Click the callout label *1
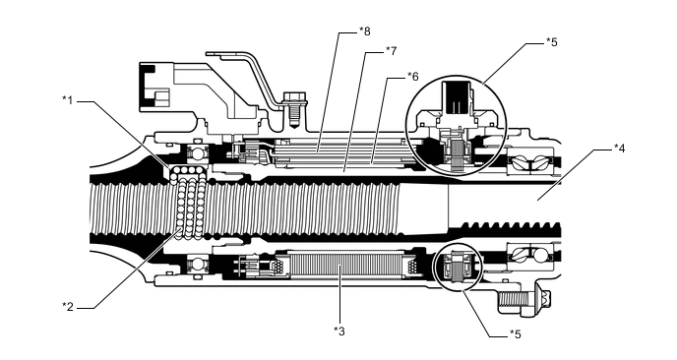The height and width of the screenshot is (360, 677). click(67, 100)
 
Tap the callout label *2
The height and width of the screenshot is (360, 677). click(67, 307)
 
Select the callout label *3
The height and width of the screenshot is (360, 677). click(338, 330)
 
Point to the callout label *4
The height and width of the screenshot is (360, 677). click(620, 149)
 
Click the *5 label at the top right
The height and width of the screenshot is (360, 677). click(551, 42)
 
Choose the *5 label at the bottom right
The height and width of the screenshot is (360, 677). click(515, 334)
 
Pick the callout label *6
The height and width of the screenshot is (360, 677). click(412, 77)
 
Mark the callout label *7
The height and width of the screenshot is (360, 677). click(391, 51)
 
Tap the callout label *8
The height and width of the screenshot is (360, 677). click(365, 31)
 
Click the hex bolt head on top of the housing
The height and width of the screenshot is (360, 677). click(294, 98)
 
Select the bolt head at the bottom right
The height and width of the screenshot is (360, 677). click(543, 298)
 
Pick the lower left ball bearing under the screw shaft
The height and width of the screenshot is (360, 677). click(198, 264)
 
